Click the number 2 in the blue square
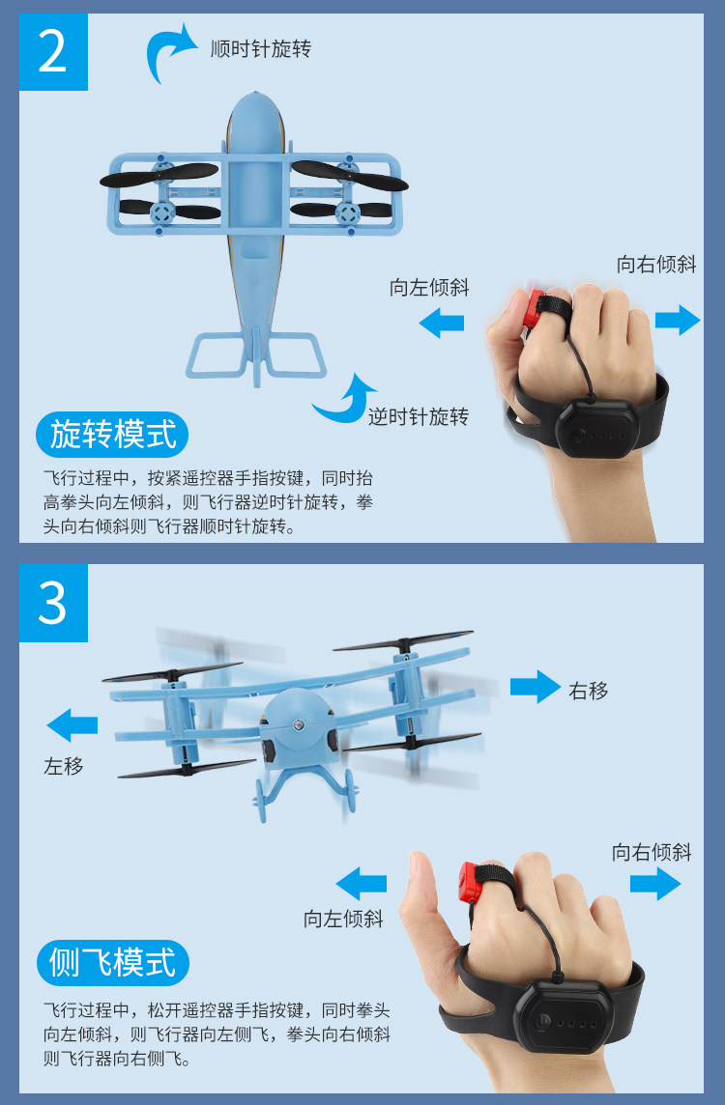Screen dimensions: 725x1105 pos(53,51)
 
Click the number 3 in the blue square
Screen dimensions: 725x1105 pos(53,604)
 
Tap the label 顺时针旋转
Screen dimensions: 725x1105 pos(260,48)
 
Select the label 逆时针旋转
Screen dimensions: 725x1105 pos(419,416)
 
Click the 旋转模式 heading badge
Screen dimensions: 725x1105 pos(112,434)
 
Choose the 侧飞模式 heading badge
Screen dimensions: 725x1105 pos(112,963)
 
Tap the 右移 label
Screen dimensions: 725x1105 pos(588,691)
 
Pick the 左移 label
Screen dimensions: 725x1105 pos(64,765)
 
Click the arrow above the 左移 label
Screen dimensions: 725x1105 pos(72,725)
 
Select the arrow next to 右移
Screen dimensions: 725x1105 pos(536,687)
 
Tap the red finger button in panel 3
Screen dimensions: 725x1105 pos(471,882)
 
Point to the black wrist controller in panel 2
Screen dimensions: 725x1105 pos(596,426)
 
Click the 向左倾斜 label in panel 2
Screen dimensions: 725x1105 pos(429,288)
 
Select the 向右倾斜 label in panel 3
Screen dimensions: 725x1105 pos(652,852)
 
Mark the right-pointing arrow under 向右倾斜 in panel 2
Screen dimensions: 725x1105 pos(678,320)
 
